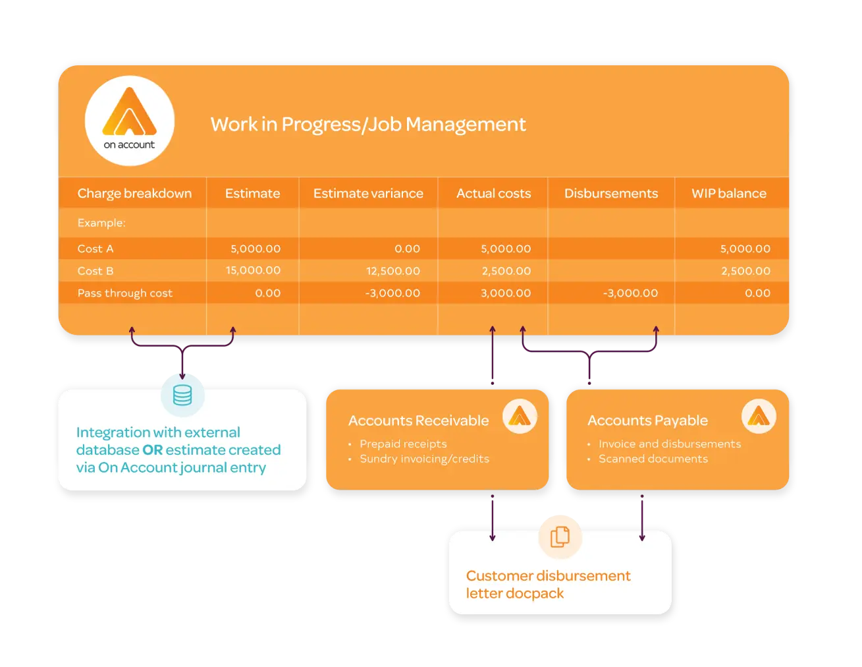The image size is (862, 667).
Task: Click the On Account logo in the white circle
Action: point(130,121)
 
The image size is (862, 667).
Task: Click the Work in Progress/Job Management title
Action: point(367,125)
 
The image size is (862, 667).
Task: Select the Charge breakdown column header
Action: point(134,194)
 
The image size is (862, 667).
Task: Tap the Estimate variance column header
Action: point(368,194)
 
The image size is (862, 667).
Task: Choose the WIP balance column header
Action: point(728,194)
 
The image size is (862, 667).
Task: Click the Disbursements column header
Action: point(610,194)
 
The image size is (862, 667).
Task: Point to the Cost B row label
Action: point(95,271)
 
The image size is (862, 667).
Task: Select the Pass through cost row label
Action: point(125,293)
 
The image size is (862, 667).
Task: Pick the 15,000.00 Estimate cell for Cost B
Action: point(253,270)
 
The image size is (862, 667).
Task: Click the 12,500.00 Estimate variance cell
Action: point(392,271)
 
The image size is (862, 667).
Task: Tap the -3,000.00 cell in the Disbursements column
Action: point(630,293)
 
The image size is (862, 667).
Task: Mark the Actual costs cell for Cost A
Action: point(505,249)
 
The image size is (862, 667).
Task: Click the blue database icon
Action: point(182,395)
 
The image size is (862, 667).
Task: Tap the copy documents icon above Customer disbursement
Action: point(560,536)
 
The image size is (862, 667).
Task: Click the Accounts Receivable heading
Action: point(418,420)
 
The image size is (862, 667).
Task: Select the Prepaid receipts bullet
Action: point(403,444)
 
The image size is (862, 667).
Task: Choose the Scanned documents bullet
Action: point(653,459)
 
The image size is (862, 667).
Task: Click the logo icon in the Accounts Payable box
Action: point(759,417)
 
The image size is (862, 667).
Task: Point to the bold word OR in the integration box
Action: point(152,450)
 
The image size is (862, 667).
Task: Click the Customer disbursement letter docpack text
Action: point(548,585)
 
